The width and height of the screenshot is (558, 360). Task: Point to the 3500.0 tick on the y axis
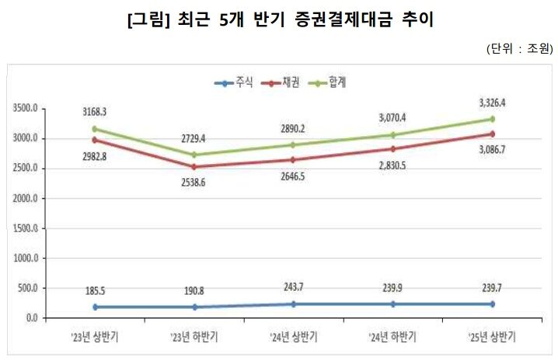pos(26,109)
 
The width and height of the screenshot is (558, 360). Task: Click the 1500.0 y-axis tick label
pos(26,229)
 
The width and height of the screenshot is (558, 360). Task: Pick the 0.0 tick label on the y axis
pos(31,318)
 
